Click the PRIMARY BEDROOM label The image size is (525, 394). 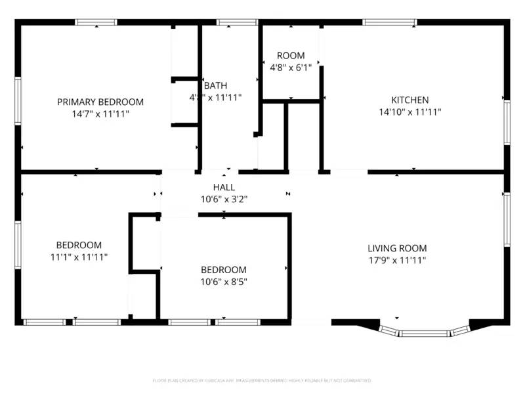(100, 102)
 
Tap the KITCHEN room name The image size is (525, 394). (409, 100)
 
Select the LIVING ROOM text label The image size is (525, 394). (396, 248)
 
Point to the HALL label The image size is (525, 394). (224, 187)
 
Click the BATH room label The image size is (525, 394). (215, 85)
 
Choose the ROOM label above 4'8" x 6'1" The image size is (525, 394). (291, 56)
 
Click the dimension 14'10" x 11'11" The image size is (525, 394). (409, 112)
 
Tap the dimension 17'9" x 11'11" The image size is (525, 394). (396, 260)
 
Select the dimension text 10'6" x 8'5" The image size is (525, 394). (224, 282)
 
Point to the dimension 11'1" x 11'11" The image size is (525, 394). (78, 257)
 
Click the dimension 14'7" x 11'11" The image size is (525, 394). (100, 114)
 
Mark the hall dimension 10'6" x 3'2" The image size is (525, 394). (224, 199)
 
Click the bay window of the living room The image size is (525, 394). (425, 332)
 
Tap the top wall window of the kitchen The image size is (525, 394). (389, 22)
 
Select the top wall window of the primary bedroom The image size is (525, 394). (96, 22)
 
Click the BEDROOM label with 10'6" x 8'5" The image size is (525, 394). (224, 270)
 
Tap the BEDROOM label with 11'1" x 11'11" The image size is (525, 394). (78, 245)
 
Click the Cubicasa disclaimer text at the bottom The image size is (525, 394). (262, 380)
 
